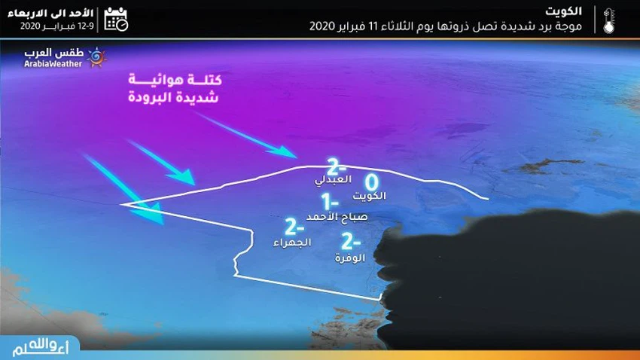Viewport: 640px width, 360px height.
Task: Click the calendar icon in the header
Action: pyautogui.click(x=116, y=19)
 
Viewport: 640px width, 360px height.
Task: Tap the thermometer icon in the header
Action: pyautogui.click(x=608, y=20)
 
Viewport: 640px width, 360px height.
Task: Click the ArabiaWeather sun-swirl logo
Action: pyautogui.click(x=96, y=57)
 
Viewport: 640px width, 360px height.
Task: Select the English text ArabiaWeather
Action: pyautogui.click(x=53, y=64)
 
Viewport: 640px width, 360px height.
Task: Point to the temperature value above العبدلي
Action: pyautogui.click(x=337, y=167)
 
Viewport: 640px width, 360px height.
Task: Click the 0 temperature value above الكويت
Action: pyautogui.click(x=371, y=182)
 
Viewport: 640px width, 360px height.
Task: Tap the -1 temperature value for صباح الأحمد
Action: pyautogui.click(x=330, y=201)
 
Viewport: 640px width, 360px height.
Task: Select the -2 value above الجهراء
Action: pyautogui.click(x=294, y=227)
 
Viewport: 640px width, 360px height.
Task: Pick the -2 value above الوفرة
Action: pyautogui.click(x=351, y=241)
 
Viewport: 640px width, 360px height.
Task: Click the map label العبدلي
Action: pyautogui.click(x=333, y=179)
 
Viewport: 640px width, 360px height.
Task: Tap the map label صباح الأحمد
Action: pyautogui.click(x=337, y=217)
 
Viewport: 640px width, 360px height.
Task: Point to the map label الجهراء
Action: pyautogui.click(x=292, y=243)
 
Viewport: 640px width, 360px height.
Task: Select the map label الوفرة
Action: pyautogui.click(x=350, y=258)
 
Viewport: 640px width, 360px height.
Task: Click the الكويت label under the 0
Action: pyautogui.click(x=369, y=197)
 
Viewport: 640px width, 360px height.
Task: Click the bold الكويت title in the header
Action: pyautogui.click(x=563, y=11)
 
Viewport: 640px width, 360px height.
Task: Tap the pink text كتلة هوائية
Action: pyautogui.click(x=175, y=80)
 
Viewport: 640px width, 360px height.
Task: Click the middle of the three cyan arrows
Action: pyautogui.click(x=161, y=163)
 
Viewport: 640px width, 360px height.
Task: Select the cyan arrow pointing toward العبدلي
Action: pyautogui.click(x=246, y=135)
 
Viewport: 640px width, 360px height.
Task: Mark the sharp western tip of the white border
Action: pyautogui.click(x=120, y=205)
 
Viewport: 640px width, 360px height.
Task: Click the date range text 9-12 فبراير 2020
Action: pyautogui.click(x=56, y=26)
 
